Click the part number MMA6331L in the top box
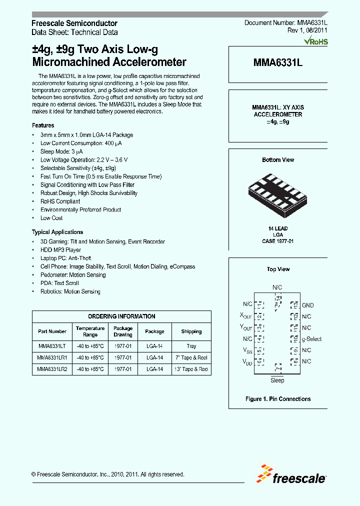coord(278,63)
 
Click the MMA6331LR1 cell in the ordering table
coord(52,357)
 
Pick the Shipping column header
coord(191,331)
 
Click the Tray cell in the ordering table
coord(191,346)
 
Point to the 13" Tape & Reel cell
coord(191,369)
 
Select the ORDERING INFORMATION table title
coord(121,316)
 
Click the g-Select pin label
coord(311,339)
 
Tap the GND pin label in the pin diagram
coord(307,305)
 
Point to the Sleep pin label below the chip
coord(277,380)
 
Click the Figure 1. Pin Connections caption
coord(278,399)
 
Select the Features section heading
coord(43,125)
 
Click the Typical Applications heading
coord(57,232)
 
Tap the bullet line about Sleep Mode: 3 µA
coord(61,151)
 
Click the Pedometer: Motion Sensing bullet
coord(73,274)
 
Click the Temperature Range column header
coord(90,331)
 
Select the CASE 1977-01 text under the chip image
coord(278,241)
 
